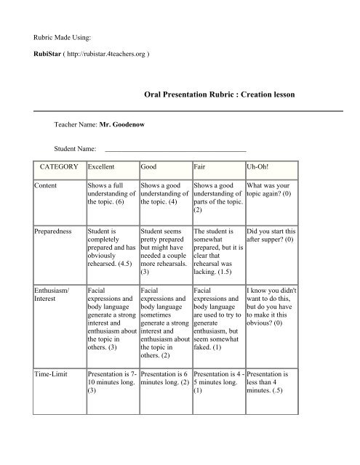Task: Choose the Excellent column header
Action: [x=101, y=166]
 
